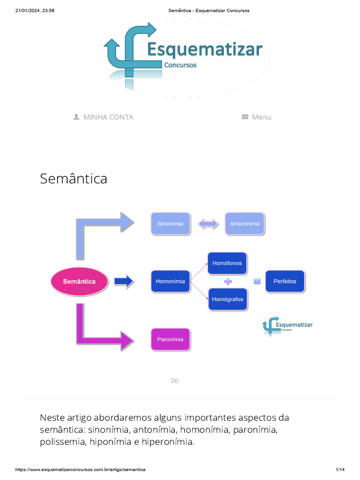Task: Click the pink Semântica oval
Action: (x=80, y=281)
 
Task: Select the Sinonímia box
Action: (x=170, y=224)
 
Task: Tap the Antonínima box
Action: (x=244, y=224)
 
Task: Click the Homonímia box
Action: (x=171, y=281)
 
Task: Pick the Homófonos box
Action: (x=227, y=263)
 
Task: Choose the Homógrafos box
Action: (x=227, y=299)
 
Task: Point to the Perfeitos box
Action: (x=285, y=281)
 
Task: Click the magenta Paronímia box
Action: (x=170, y=339)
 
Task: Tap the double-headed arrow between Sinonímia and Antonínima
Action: (x=208, y=224)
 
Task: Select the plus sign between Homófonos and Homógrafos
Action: (x=228, y=281)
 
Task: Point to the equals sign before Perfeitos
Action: (x=257, y=281)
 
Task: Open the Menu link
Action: (x=257, y=117)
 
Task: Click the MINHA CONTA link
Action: (x=108, y=117)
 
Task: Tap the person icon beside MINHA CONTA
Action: (x=76, y=117)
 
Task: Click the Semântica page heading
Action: (x=74, y=179)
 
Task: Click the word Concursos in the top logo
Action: (x=180, y=65)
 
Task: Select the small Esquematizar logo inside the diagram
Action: (x=287, y=325)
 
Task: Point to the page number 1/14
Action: (x=340, y=470)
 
